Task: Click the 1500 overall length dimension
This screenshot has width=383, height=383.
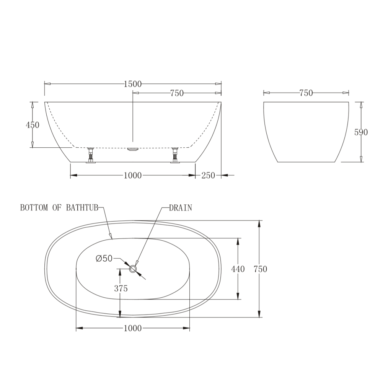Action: (133, 84)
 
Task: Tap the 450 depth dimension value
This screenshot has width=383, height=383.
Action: (33, 125)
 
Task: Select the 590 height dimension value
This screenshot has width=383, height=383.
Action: (361, 132)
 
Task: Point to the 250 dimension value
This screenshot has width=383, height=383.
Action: (208, 175)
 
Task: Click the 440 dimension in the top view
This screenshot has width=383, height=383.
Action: (238, 269)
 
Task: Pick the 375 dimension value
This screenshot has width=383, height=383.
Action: (121, 288)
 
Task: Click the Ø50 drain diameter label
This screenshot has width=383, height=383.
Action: (104, 258)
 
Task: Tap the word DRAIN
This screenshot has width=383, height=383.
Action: (181, 208)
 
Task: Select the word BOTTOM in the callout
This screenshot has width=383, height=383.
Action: (34, 208)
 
